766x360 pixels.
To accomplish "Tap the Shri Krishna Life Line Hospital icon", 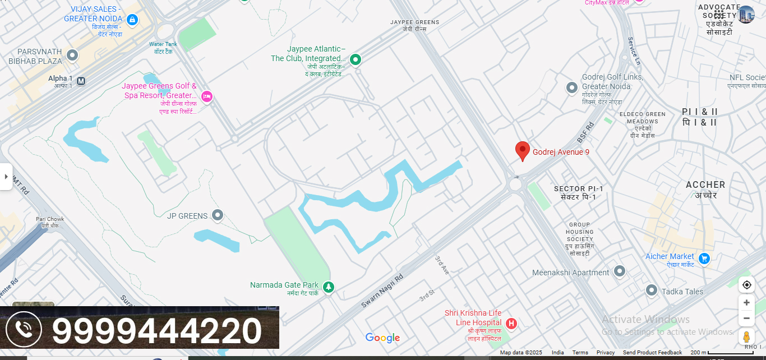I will tap(511, 324).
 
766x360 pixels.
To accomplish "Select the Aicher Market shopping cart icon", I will tap(704, 259).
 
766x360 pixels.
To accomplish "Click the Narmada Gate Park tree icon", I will tap(329, 287).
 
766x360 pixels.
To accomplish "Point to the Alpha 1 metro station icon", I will tap(81, 81).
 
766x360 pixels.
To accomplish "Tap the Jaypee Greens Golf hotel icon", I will tap(207, 96).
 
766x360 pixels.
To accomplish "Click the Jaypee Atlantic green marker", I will tap(355, 59).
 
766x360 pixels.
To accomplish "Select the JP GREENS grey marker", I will tap(218, 215).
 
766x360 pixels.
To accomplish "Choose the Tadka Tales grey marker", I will tap(651, 290).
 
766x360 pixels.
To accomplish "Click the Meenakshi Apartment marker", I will tap(619, 271).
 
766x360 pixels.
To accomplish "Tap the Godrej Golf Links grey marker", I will tap(571, 87).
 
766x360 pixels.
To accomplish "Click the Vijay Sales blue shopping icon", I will tap(132, 20).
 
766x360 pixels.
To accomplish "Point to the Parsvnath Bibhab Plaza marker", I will tap(72, 55).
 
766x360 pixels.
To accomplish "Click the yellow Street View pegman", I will tap(746, 337).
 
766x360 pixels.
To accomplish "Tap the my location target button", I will tap(746, 285).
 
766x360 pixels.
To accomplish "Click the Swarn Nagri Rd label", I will tap(382, 290).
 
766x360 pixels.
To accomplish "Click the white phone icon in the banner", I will tap(24, 329).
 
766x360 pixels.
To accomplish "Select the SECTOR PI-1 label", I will tap(579, 189).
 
